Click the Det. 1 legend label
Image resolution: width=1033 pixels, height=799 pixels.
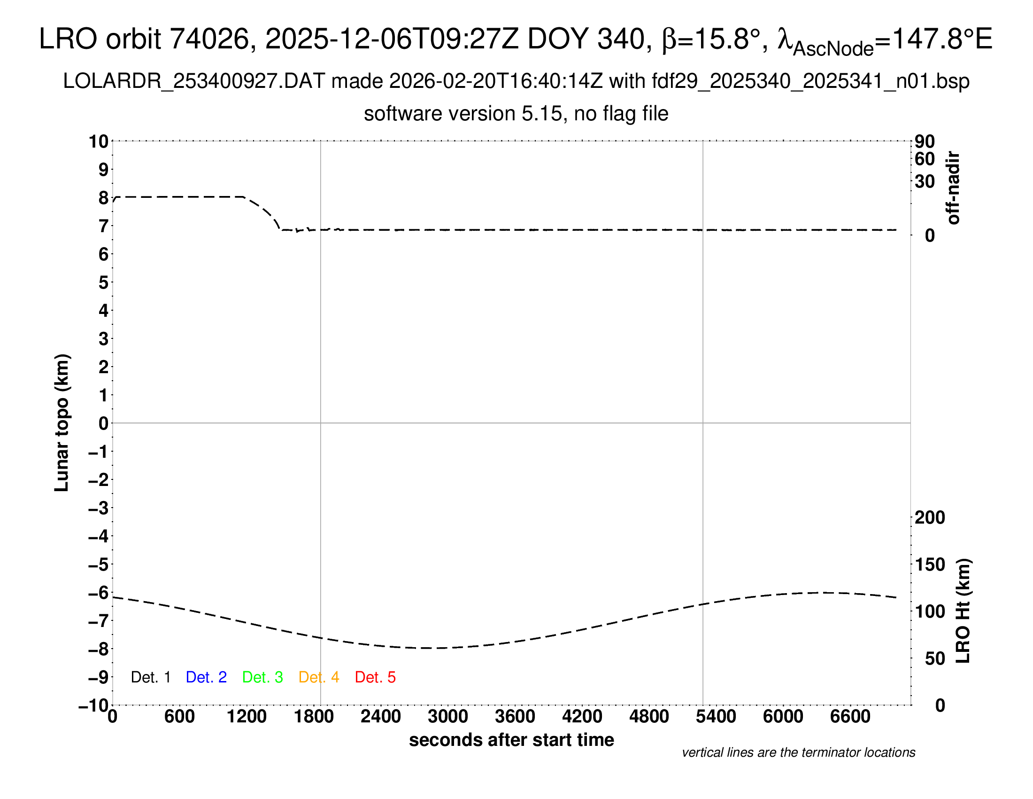[x=150, y=677]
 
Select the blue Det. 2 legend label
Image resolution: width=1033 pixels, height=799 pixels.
[x=206, y=677]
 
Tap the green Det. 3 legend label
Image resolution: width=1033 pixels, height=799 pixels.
[x=262, y=677]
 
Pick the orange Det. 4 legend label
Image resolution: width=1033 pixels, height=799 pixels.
[x=319, y=677]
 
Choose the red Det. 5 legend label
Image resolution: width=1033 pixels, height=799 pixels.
[x=375, y=677]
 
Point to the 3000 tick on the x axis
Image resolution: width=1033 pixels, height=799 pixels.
[x=448, y=717]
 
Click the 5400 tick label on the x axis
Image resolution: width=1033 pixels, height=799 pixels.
[x=716, y=717]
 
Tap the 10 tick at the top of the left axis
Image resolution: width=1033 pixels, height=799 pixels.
[x=99, y=141]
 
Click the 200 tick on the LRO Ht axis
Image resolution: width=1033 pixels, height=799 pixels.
[x=930, y=517]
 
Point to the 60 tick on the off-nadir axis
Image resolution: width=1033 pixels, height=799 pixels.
[x=925, y=159]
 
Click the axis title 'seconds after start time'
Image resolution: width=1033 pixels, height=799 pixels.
[x=511, y=740]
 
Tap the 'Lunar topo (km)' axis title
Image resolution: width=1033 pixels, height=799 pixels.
[x=62, y=423]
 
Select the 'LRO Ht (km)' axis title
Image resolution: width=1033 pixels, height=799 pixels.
[x=963, y=611]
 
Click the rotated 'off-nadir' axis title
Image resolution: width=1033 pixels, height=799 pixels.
[x=953, y=188]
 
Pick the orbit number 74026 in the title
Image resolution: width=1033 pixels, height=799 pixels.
[x=209, y=39]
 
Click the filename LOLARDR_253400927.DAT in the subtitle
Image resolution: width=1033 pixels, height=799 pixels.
[x=194, y=81]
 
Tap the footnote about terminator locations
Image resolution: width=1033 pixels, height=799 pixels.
[x=798, y=752]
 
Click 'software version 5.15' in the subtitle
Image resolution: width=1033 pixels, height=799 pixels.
[x=463, y=114]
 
